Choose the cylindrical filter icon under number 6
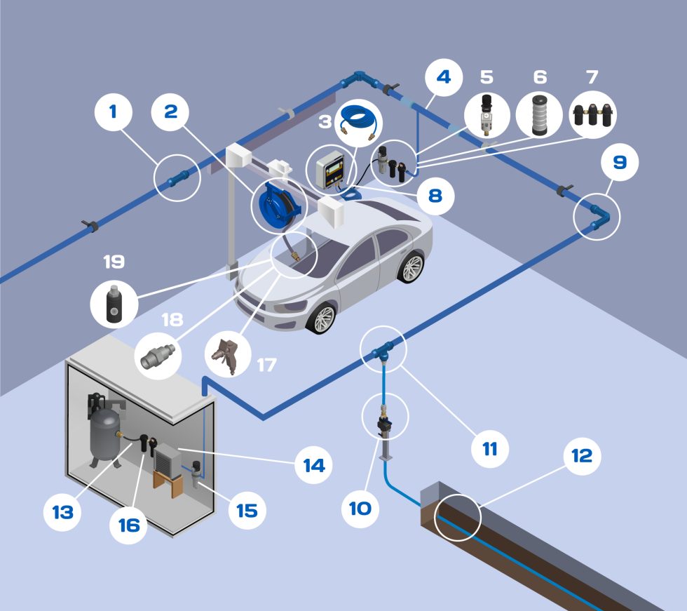[x=535, y=113]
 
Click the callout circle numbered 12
[x=581, y=457]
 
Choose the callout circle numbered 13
[x=62, y=513]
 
